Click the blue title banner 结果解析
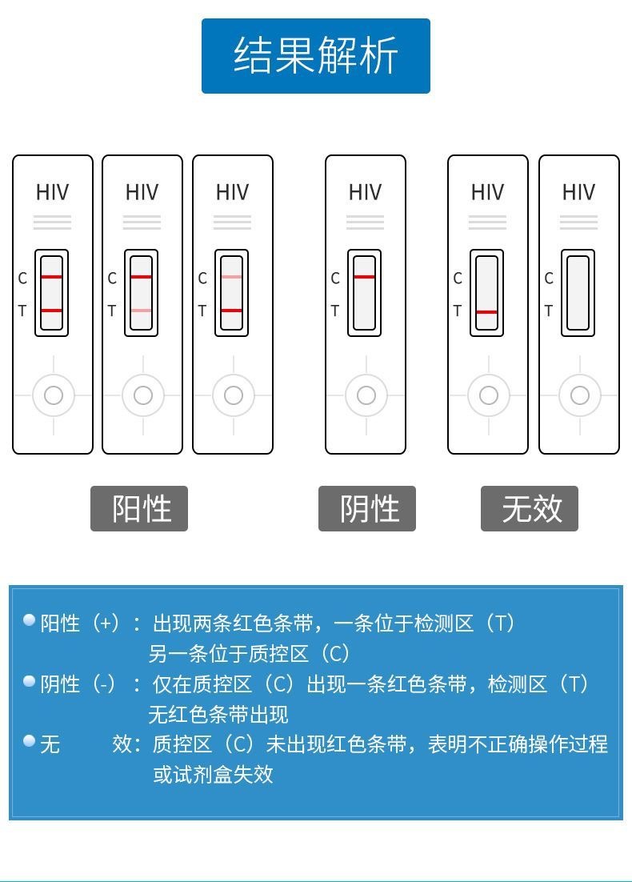pos(315,56)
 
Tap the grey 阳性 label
pos(139,508)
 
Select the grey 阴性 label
pos(367,508)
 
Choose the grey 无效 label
pos(530,508)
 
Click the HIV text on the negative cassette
pos(365,192)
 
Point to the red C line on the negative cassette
pos(364,277)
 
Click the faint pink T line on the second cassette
pos(142,311)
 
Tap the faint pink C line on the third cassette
pos(232,277)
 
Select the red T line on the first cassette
pos(51,310)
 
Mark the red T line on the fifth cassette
pos(486,312)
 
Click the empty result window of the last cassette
pos(578,293)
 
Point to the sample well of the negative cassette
pos(366,395)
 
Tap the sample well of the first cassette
pos(53,395)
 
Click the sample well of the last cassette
pos(579,395)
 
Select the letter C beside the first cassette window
pos(22,279)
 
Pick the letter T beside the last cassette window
pos(548,311)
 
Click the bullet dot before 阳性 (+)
pos(30,619)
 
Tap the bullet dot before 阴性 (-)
pos(30,681)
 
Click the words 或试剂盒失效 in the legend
pos(213,775)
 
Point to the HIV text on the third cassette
pos(232,192)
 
